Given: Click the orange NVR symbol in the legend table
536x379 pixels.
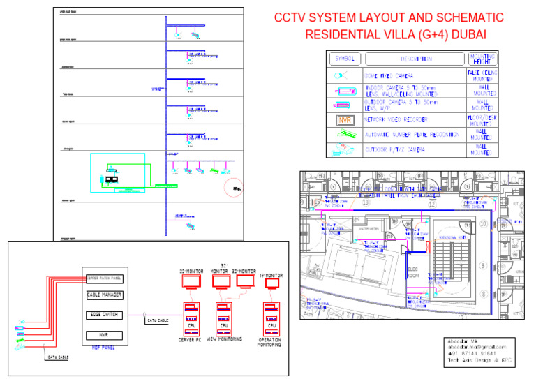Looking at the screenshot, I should [345, 119].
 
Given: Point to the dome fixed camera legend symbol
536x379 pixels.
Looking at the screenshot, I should [342, 75].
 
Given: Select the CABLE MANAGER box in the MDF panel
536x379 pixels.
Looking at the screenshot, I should [105, 296].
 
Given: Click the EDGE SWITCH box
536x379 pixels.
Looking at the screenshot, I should [105, 315].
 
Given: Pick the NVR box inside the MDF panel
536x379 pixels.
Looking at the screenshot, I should [105, 336].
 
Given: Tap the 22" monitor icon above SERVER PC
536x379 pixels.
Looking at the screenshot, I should [190, 281].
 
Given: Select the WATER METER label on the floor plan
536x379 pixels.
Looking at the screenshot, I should [368, 228].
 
